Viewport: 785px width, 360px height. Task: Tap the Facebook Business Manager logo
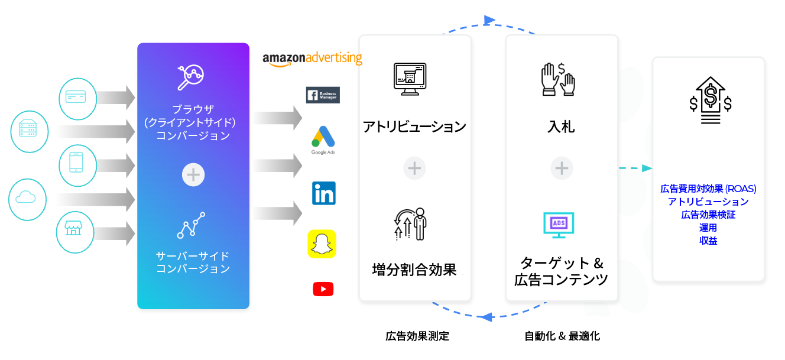[x=323, y=95]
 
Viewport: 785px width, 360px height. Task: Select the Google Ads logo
[x=323, y=140]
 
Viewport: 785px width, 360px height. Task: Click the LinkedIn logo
[x=324, y=193]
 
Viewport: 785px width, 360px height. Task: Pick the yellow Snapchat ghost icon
[x=322, y=244]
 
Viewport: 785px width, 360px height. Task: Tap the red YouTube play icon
[x=323, y=289]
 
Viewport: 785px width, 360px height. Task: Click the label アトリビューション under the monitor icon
[x=414, y=127]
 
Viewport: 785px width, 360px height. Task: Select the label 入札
[x=561, y=127]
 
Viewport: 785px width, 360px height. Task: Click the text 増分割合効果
[x=414, y=270]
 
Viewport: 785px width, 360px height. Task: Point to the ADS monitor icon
[x=559, y=225]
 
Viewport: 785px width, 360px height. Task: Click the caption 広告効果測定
[x=417, y=336]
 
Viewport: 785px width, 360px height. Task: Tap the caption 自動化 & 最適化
[x=562, y=336]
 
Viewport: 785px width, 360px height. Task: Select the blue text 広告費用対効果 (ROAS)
[x=708, y=189]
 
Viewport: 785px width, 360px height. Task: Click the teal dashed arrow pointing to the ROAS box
[x=635, y=168]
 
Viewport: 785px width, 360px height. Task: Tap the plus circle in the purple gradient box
[x=193, y=175]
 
